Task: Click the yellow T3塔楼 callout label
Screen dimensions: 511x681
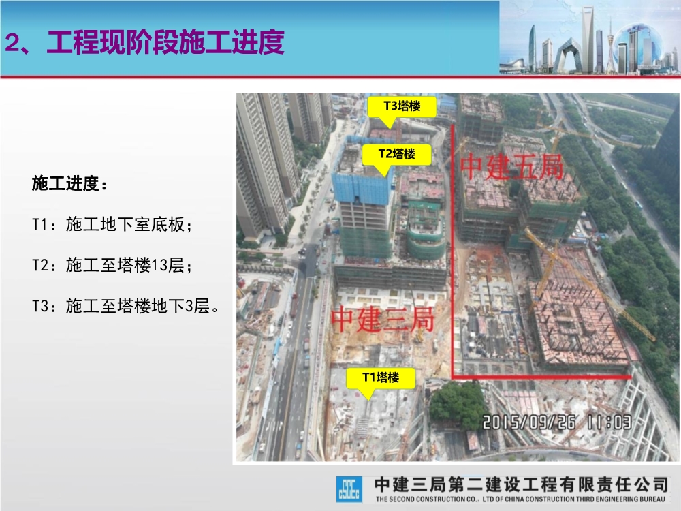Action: coord(401,106)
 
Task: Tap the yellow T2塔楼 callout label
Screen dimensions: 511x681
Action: coord(396,154)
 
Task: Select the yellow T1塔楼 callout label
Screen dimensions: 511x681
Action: coord(380,377)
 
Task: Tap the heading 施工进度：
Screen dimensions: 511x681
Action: coord(69,184)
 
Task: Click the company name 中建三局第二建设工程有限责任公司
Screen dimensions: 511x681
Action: coord(522,484)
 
